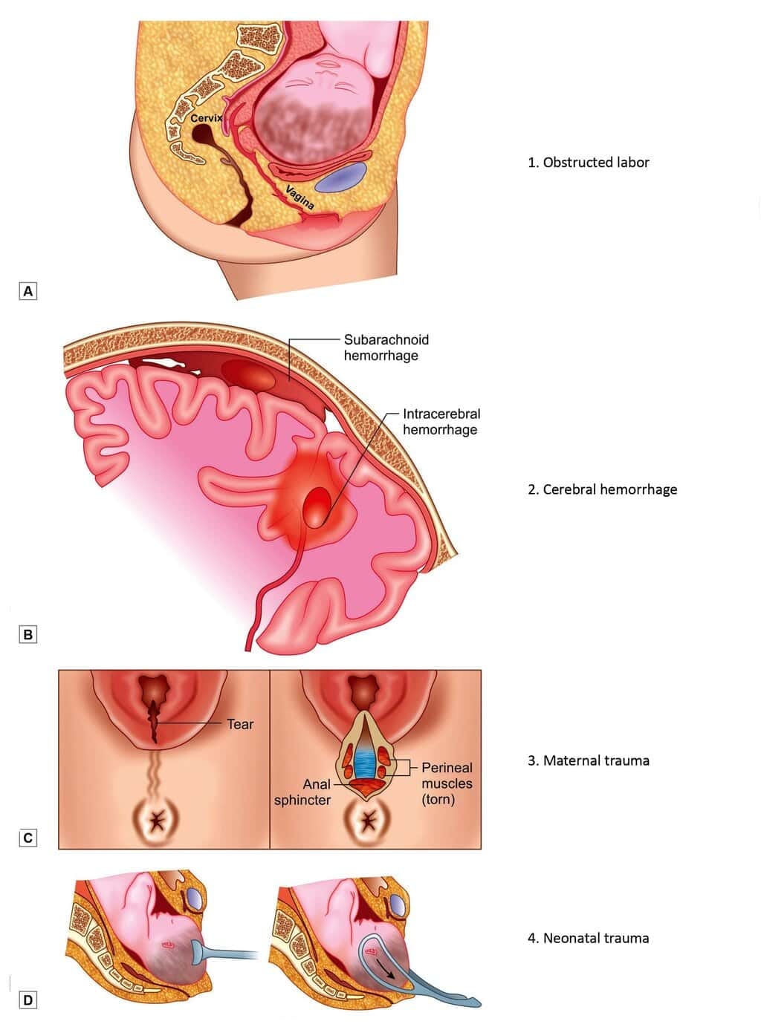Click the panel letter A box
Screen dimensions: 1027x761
(28, 290)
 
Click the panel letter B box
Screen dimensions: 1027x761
(28, 635)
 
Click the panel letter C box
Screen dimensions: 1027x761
(28, 838)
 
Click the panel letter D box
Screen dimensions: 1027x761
(28, 1000)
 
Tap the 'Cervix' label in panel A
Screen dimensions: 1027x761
(206, 119)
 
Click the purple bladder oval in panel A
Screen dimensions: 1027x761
(340, 176)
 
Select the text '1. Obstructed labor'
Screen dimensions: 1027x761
(588, 162)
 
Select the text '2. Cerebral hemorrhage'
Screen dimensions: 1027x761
(602, 489)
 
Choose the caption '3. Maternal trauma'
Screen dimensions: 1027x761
(588, 760)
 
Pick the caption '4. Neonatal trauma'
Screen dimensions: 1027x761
(588, 938)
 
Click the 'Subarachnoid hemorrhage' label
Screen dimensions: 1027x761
(386, 348)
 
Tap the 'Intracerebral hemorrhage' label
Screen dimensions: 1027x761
(441, 422)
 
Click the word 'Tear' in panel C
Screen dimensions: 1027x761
(240, 724)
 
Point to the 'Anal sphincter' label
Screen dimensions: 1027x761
(302, 792)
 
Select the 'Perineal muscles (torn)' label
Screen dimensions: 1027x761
(446, 783)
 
